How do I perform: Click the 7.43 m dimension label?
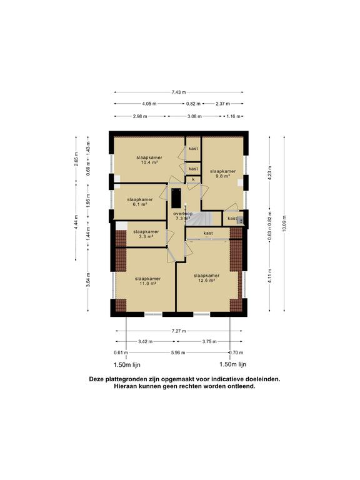(x=179, y=92)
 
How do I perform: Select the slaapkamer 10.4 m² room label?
(x=149, y=160)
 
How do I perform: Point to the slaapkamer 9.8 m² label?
(x=223, y=174)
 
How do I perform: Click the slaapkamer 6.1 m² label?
(x=140, y=202)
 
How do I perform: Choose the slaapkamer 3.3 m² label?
(x=146, y=234)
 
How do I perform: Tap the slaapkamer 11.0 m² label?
(x=147, y=281)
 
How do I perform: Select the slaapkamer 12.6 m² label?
(x=206, y=277)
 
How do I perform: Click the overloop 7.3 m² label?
(x=182, y=216)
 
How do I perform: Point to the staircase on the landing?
(x=199, y=219)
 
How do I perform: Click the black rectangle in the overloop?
(x=176, y=198)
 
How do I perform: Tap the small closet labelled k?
(x=193, y=179)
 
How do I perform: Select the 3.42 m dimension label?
(x=146, y=342)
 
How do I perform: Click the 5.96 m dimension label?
(x=178, y=352)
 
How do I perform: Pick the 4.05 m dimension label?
(x=149, y=104)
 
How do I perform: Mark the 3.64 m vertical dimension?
(x=88, y=280)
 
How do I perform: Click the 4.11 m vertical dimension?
(x=270, y=276)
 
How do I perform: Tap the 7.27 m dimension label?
(x=179, y=331)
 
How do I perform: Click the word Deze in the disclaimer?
(x=96, y=379)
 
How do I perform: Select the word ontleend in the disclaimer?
(x=242, y=386)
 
